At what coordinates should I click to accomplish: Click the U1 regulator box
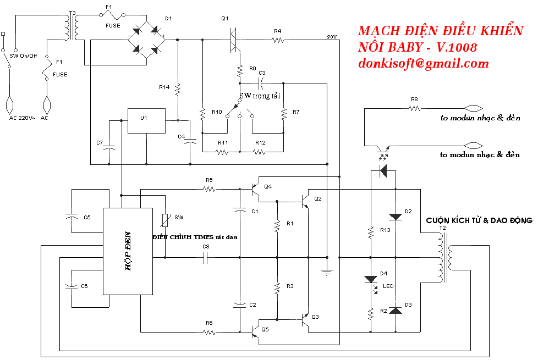click(146, 120)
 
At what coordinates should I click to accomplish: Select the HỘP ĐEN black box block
click(128, 251)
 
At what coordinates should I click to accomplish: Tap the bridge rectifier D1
click(146, 40)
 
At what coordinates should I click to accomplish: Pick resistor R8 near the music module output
click(414, 108)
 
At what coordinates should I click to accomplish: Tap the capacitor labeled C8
click(206, 257)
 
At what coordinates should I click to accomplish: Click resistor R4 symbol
click(277, 40)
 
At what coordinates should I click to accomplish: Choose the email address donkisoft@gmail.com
click(423, 64)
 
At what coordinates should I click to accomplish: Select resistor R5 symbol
click(209, 190)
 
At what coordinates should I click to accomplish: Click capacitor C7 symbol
click(109, 149)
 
